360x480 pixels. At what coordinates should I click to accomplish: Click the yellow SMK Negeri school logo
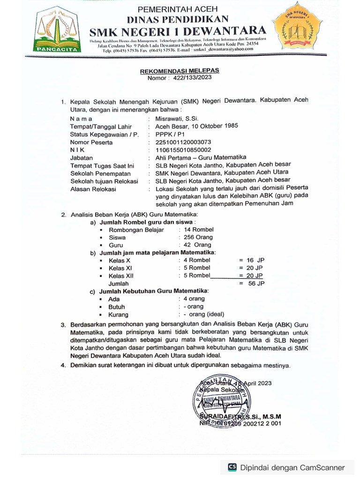point(297,32)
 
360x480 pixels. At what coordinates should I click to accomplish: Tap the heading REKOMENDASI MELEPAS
point(180,70)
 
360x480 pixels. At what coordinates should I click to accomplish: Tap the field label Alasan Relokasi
point(93,189)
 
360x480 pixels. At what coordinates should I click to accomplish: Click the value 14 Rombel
point(199,230)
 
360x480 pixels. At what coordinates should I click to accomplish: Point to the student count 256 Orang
point(198,237)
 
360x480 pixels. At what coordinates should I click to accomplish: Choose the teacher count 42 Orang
point(197,245)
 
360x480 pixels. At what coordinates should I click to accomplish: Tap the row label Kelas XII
point(121,276)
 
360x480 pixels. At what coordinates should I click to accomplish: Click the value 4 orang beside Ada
point(194,299)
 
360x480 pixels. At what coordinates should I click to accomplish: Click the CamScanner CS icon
point(232,467)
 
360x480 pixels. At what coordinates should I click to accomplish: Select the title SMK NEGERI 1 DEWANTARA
point(178,31)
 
